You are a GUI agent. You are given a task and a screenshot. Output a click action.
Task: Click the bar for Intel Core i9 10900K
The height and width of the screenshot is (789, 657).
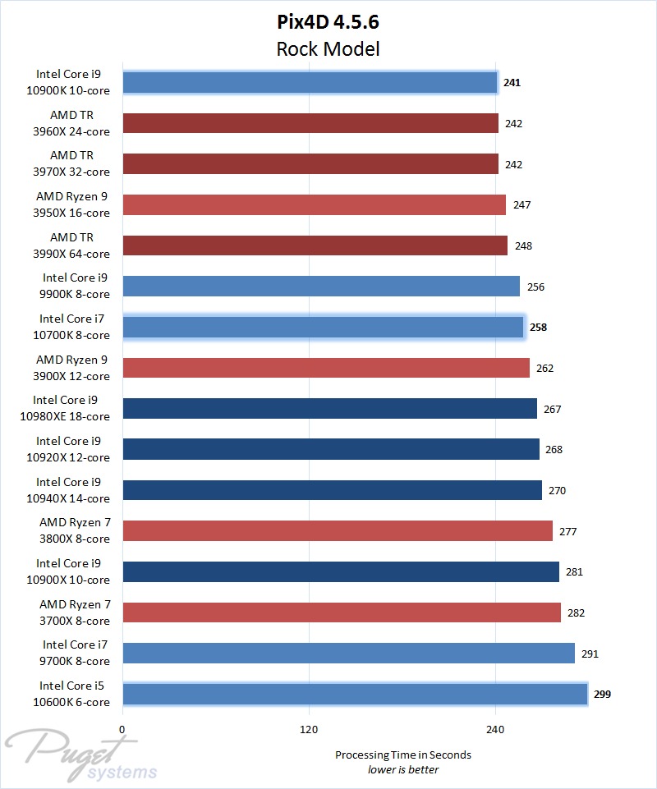(310, 82)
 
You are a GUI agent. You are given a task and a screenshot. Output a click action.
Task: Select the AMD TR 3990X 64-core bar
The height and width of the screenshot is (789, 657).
(315, 245)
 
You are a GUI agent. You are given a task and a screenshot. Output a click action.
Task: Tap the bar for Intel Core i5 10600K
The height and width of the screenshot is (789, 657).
(355, 694)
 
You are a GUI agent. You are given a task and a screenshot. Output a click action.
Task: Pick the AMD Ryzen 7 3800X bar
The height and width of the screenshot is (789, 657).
(338, 531)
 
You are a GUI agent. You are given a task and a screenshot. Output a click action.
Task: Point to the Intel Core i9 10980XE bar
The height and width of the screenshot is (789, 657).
(329, 409)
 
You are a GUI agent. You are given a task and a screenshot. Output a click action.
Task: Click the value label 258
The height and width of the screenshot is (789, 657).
(538, 327)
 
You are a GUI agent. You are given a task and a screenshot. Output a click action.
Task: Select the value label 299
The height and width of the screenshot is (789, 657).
(602, 694)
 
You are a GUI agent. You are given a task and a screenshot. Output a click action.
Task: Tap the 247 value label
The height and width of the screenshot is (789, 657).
(521, 204)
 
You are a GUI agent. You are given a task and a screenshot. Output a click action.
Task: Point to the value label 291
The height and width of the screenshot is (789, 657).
(589, 654)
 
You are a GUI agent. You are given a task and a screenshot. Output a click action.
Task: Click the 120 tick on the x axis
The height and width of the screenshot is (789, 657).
(309, 728)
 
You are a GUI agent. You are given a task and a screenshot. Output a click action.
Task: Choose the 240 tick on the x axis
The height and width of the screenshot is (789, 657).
(495, 728)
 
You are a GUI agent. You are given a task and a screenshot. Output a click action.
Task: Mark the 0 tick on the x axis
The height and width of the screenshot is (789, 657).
(122, 728)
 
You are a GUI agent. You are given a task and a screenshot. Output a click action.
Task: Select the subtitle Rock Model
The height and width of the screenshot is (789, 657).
(328, 48)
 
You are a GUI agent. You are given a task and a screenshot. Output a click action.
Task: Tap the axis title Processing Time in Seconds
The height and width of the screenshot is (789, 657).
(402, 755)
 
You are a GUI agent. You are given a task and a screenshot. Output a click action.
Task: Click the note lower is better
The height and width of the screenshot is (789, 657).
(402, 769)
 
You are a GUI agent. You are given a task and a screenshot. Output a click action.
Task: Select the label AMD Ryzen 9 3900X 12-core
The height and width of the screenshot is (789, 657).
(73, 368)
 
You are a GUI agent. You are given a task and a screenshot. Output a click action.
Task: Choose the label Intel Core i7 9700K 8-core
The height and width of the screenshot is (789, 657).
(76, 653)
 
